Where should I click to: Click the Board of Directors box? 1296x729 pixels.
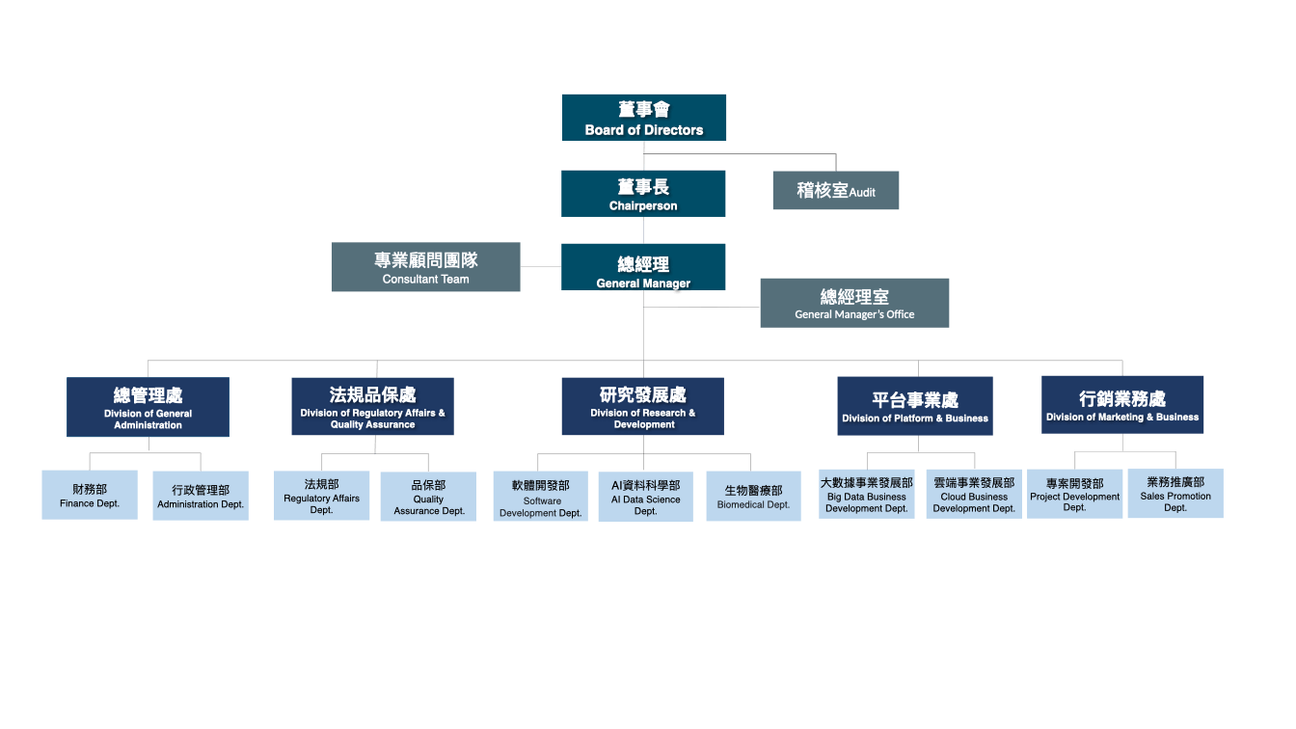click(644, 118)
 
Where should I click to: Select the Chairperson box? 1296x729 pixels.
click(643, 193)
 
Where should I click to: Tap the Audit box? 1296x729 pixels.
click(835, 190)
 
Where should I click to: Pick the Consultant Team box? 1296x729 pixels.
click(425, 267)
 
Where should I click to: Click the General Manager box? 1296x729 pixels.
click(643, 267)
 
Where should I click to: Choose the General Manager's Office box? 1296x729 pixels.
click(854, 303)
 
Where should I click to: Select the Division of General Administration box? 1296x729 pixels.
click(148, 407)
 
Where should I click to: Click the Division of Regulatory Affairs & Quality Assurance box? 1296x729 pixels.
click(372, 406)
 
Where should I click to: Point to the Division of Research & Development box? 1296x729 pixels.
click(642, 406)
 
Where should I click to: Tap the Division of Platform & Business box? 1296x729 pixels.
click(914, 406)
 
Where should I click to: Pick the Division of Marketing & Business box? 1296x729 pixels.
click(1122, 405)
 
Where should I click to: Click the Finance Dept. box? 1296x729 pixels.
click(90, 495)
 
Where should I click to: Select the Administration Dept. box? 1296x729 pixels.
click(201, 496)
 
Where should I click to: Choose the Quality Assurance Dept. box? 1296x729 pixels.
click(428, 497)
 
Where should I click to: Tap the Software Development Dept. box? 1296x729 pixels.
click(540, 497)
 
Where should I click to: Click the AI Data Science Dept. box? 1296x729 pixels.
click(645, 497)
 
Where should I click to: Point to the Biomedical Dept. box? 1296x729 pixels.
click(753, 496)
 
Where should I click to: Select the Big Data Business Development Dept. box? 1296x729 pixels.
click(866, 494)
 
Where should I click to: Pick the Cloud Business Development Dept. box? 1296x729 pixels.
click(974, 494)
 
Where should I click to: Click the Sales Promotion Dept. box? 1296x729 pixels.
click(1174, 494)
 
